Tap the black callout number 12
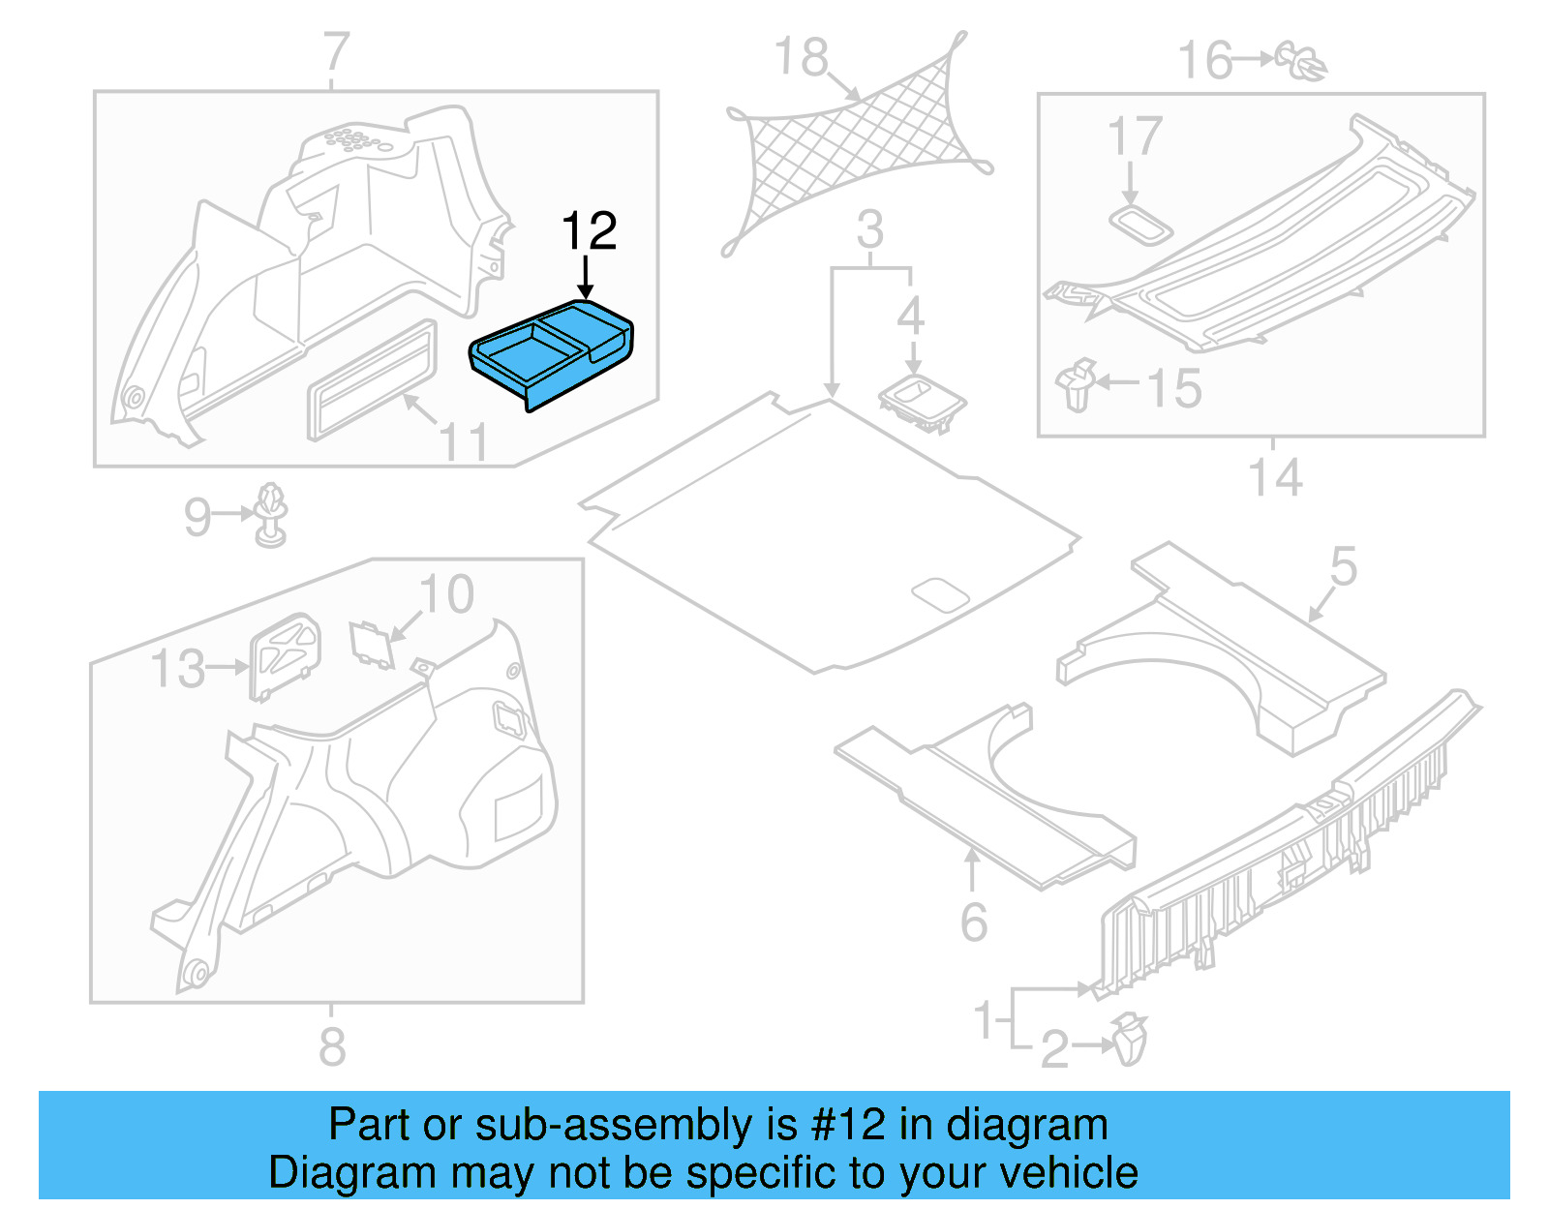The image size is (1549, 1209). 589,230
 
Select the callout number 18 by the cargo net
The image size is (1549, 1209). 802,56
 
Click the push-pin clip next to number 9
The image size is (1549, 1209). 271,514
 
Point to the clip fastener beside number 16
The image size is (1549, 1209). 1300,61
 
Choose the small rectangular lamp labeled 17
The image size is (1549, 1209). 1140,226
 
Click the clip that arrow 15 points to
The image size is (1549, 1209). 1077,384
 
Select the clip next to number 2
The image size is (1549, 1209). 1130,1040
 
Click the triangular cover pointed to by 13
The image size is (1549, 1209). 284,656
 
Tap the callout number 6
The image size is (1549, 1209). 974,922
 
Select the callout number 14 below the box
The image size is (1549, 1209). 1275,477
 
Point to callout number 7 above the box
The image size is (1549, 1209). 336,51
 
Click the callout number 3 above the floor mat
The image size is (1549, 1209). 869,229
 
